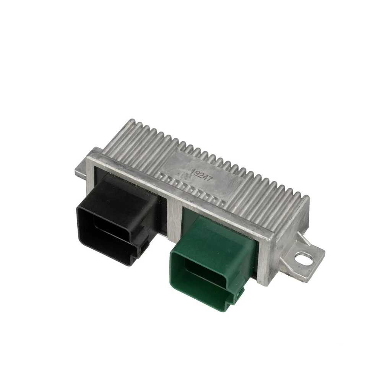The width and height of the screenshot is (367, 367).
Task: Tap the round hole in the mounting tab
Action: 304,259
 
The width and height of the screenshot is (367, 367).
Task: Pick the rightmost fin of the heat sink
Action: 304,199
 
